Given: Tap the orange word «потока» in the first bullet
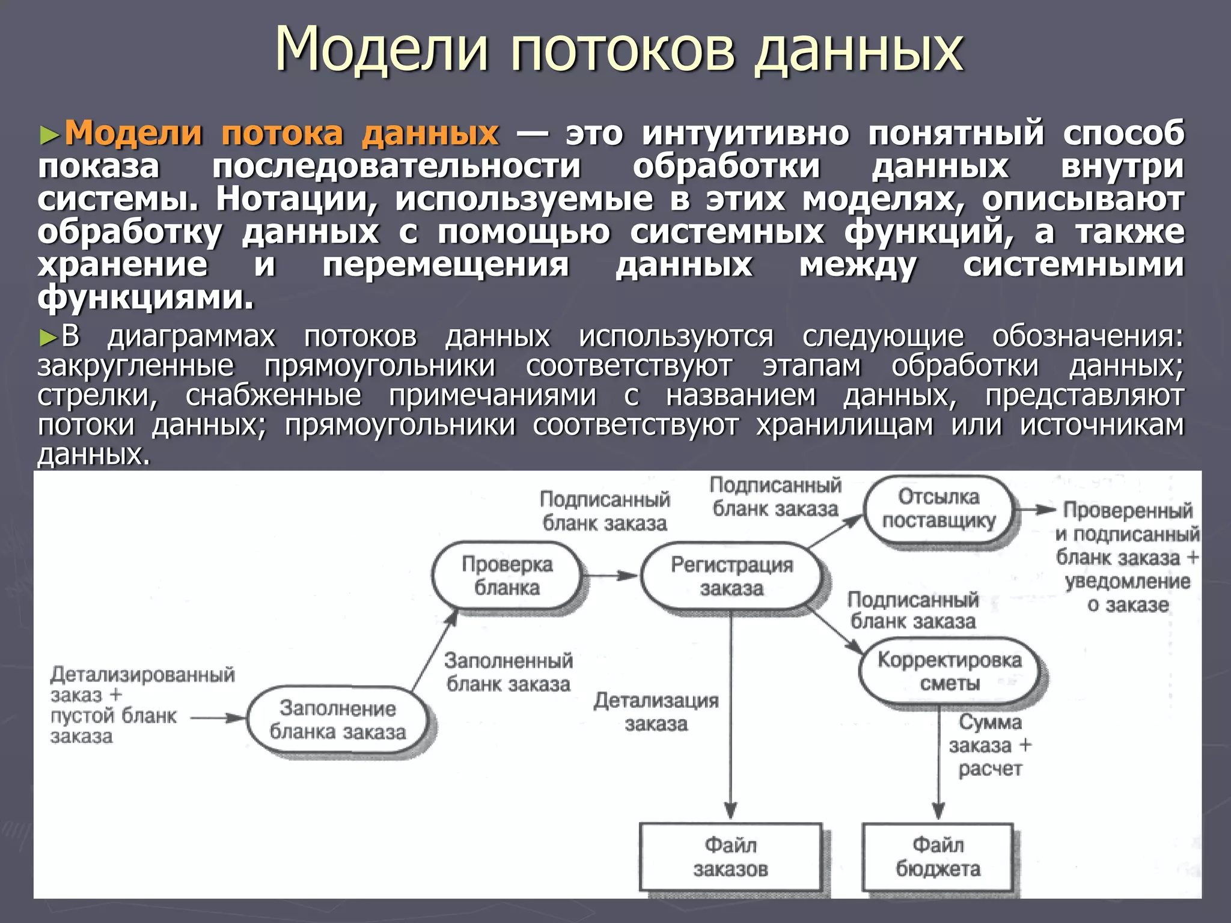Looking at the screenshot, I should (x=282, y=133).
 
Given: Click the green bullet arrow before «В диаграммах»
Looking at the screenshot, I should (x=47, y=338).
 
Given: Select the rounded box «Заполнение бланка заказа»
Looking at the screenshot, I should (x=338, y=720).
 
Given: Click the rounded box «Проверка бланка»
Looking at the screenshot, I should (x=507, y=576).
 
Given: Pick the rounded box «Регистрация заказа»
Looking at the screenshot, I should (x=731, y=576).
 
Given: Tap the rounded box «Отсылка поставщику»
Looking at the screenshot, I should (x=938, y=509).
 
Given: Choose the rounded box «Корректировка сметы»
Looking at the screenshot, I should (x=949, y=671).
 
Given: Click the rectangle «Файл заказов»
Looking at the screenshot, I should (x=730, y=857).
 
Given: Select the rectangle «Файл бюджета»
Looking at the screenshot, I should (x=938, y=857).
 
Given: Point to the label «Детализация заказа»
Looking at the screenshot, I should (x=656, y=712).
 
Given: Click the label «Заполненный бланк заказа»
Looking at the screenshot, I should (x=508, y=672).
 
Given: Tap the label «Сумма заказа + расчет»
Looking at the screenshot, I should (x=990, y=745).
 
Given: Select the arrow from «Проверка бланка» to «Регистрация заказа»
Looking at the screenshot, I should (x=610, y=576).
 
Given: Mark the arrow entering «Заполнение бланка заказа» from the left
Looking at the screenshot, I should (x=218, y=717).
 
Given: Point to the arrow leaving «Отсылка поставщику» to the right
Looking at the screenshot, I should (x=1035, y=510).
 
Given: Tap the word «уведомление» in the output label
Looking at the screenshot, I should (x=1127, y=582).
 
